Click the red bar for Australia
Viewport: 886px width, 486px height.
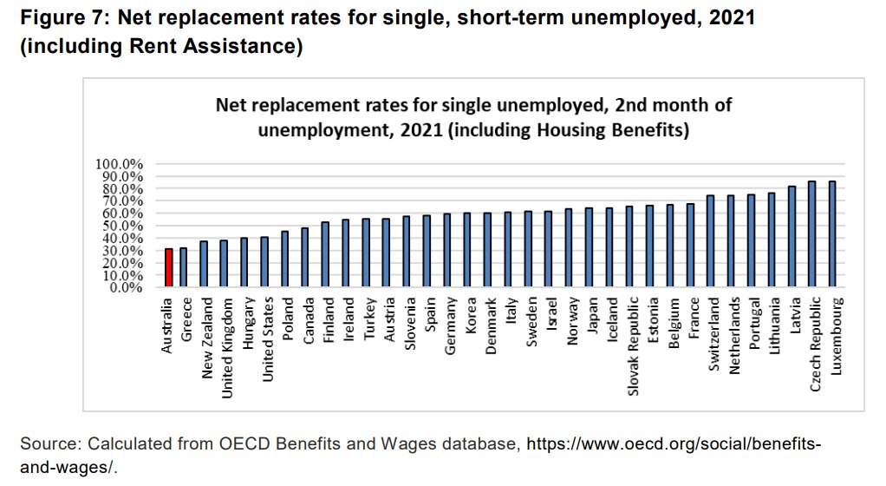click(169, 268)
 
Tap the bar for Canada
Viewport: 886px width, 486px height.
click(305, 258)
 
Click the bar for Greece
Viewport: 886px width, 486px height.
click(183, 268)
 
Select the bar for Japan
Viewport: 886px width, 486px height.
click(590, 248)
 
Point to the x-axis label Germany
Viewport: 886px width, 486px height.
click(449, 325)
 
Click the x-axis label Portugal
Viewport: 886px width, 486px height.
click(751, 324)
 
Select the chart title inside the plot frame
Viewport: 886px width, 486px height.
click(461, 118)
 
